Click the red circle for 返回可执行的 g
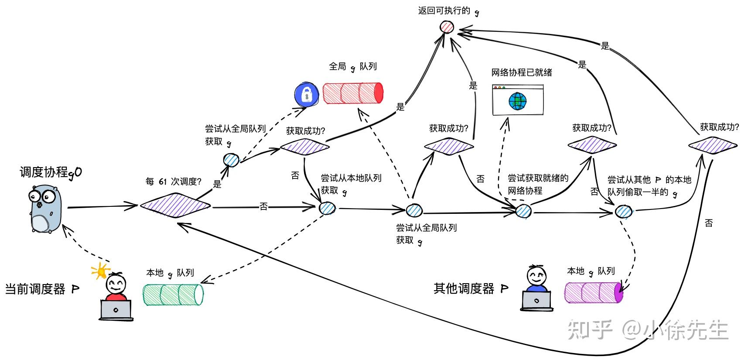447,27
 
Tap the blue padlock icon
306,94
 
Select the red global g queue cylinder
353,93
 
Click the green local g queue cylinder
173,295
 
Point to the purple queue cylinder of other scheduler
594,292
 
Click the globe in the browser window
518,101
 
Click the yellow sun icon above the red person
101,271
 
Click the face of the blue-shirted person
536,276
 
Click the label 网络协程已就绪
522,72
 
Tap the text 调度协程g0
51,172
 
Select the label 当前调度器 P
42,289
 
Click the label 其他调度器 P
471,288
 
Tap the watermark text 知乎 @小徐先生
648,330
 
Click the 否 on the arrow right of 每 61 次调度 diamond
263,206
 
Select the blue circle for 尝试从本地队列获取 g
327,208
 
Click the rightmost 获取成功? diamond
713,145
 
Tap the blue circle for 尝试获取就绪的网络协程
523,211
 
